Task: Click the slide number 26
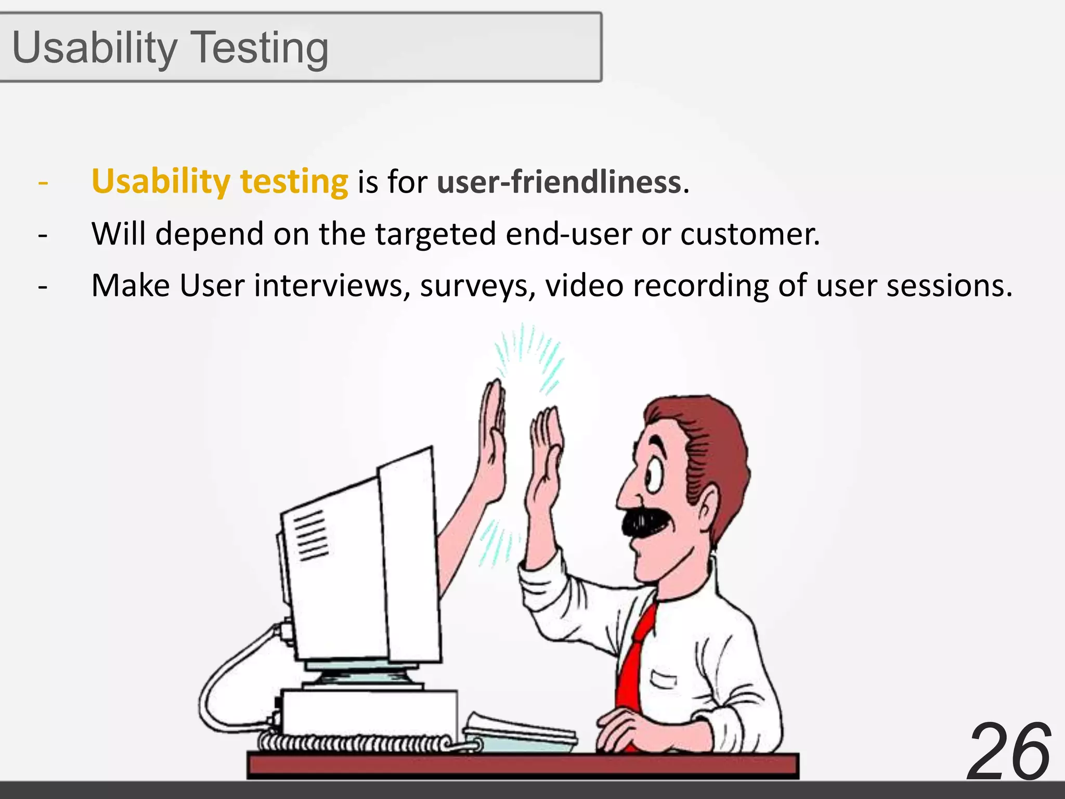pos(1009,752)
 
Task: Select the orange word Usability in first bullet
pos(161,182)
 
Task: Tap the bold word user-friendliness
pos(559,182)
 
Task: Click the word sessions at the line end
pos(949,286)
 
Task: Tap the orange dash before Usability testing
pos(43,183)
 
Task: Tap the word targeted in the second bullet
pos(436,234)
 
